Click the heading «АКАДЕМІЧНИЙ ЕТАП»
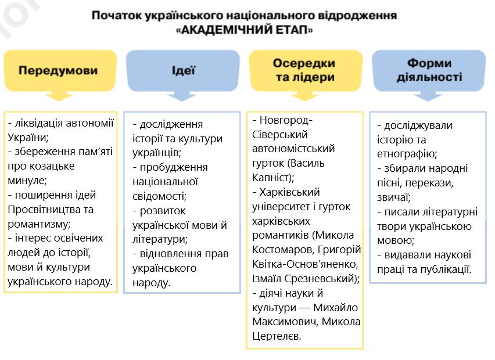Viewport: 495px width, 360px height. click(x=244, y=30)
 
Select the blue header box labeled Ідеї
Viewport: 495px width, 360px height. click(x=183, y=71)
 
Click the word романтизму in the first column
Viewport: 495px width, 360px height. click(x=37, y=224)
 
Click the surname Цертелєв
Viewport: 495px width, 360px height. click(x=277, y=336)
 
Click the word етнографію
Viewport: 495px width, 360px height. click(x=407, y=154)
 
